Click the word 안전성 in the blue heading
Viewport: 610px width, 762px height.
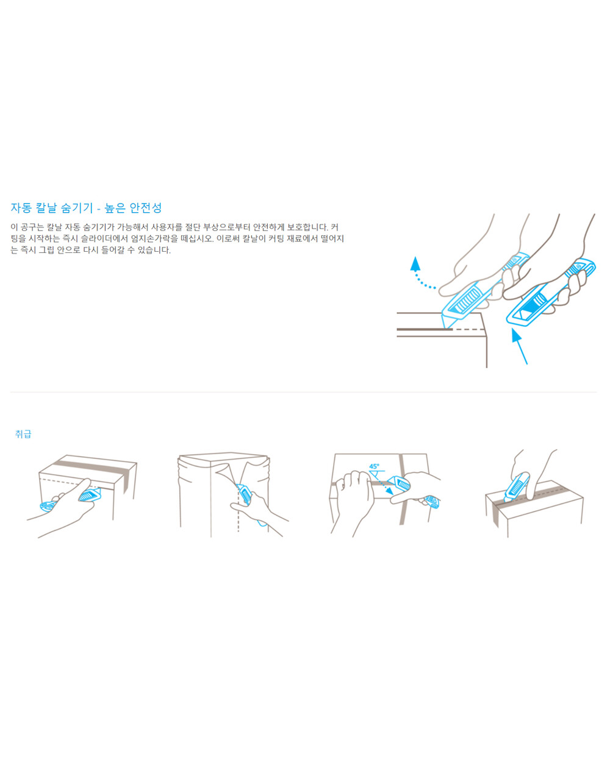coord(145,207)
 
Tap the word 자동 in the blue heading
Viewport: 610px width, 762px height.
coord(21,207)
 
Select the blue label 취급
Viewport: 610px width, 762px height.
coord(23,434)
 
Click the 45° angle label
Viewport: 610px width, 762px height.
coord(374,466)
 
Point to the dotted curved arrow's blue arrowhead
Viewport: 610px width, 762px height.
coord(415,264)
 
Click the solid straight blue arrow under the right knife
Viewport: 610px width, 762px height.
coord(519,346)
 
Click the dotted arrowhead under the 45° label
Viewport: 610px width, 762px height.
coord(390,491)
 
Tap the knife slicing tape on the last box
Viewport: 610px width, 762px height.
coord(517,487)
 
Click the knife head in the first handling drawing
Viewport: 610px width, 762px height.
coord(89,495)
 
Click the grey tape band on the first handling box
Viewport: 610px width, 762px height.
coord(93,468)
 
